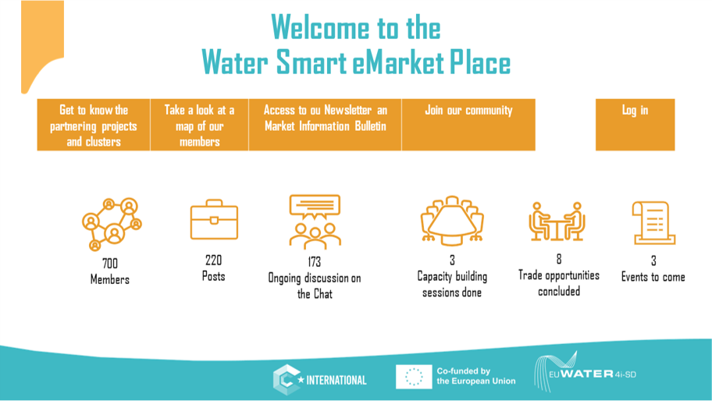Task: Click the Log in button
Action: click(x=635, y=125)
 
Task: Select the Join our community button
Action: click(x=468, y=125)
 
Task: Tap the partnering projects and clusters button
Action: click(x=94, y=125)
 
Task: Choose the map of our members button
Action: click(x=199, y=125)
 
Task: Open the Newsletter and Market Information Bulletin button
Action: click(x=325, y=125)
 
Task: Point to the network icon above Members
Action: click(x=112, y=224)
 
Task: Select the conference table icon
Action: click(x=452, y=221)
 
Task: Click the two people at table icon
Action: click(x=557, y=222)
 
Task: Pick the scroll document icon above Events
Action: click(x=653, y=223)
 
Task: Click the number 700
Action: click(x=110, y=264)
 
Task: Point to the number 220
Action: click(x=213, y=261)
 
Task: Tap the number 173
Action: click(x=314, y=261)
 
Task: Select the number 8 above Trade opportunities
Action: click(x=559, y=259)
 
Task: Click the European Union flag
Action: click(x=414, y=377)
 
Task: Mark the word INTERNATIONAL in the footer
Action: click(x=336, y=380)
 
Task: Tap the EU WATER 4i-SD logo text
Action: click(x=592, y=374)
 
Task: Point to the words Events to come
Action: click(x=653, y=277)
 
